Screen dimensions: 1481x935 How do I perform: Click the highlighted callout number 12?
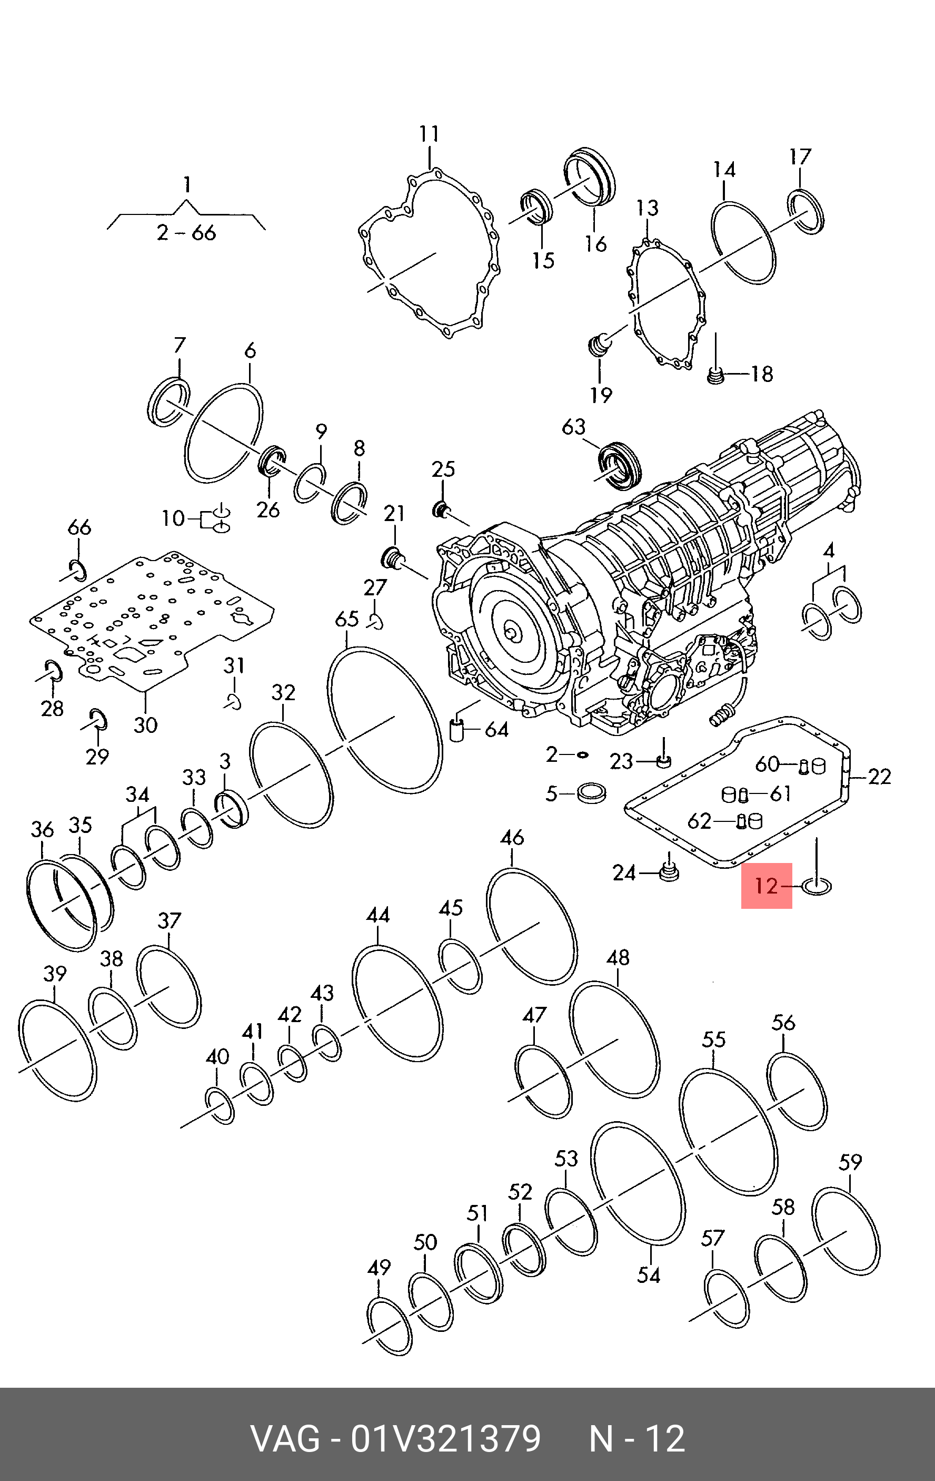tap(766, 886)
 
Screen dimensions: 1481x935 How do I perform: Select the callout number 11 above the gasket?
tap(429, 134)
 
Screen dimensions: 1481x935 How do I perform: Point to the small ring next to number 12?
tap(817, 887)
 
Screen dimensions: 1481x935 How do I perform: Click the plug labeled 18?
tap(714, 375)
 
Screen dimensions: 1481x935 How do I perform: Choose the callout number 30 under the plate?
tap(146, 725)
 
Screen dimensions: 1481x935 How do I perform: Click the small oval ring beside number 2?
tap(582, 754)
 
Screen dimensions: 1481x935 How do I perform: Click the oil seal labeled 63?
tap(620, 465)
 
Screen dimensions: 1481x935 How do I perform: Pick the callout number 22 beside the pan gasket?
tap(879, 777)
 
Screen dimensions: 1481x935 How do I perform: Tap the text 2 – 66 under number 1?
tap(186, 232)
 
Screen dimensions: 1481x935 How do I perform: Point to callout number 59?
tap(850, 1162)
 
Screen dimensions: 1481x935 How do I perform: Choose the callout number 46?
tap(512, 837)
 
